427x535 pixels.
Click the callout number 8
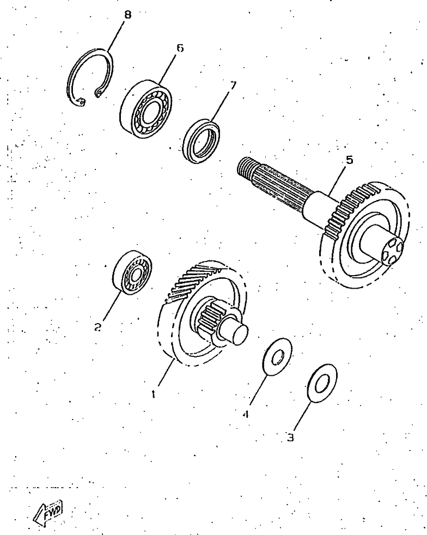point(127,15)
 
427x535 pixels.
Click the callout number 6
point(180,48)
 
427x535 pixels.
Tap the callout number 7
point(233,86)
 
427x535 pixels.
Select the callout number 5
point(349,160)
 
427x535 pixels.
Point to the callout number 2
point(98,327)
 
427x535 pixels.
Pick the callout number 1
point(154,394)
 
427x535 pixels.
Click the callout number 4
point(246,414)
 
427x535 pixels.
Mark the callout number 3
point(290,437)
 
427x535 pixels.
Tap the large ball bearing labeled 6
point(146,109)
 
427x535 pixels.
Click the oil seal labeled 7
point(201,141)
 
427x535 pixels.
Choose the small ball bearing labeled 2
point(132,272)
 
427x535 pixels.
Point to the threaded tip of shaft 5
point(246,167)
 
